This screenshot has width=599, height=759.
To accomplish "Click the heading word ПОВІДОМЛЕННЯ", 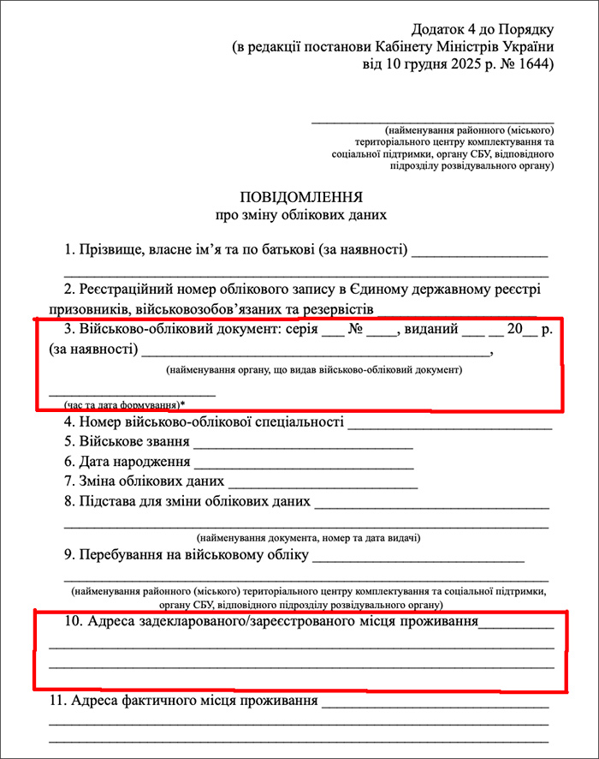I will click(x=301, y=196).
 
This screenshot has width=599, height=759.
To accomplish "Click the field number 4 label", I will click(x=69, y=422).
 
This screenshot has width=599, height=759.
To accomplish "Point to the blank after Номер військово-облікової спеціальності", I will click(x=449, y=423).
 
